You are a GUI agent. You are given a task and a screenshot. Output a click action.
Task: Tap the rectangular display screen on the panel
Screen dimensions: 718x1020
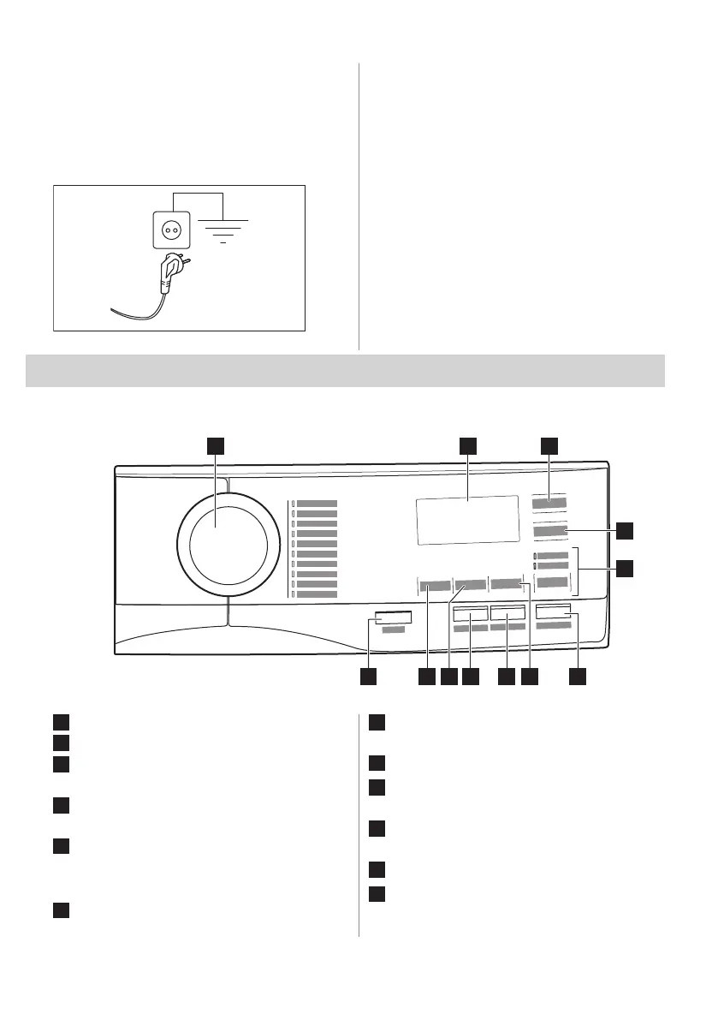[467, 518]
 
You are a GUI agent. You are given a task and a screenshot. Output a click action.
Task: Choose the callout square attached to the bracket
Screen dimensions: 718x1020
[626, 567]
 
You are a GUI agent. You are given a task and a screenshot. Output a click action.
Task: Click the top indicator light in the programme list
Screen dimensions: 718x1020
[291, 504]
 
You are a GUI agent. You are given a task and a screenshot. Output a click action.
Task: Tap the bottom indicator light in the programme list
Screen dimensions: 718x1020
[291, 594]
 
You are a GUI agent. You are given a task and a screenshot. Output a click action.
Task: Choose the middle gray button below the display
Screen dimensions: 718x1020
[471, 585]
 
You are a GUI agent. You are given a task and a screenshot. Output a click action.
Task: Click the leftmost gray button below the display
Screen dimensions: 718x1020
[435, 586]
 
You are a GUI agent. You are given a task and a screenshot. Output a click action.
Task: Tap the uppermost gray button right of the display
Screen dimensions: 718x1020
[549, 504]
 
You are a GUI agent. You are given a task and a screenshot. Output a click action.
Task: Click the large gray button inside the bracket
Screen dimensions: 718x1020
[552, 583]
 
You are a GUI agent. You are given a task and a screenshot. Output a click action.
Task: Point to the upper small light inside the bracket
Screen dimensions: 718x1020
[535, 557]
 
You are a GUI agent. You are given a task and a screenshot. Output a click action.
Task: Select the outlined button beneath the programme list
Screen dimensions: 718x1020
[393, 617]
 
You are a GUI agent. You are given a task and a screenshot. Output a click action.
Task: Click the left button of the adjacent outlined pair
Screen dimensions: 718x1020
[471, 614]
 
